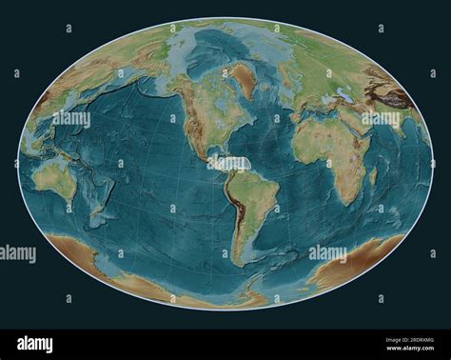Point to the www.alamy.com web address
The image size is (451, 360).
click(x=409, y=350)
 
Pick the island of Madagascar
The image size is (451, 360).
click(x=372, y=175)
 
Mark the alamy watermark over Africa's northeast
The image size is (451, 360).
click(x=381, y=119)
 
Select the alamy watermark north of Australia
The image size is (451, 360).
click(x=71, y=119)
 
